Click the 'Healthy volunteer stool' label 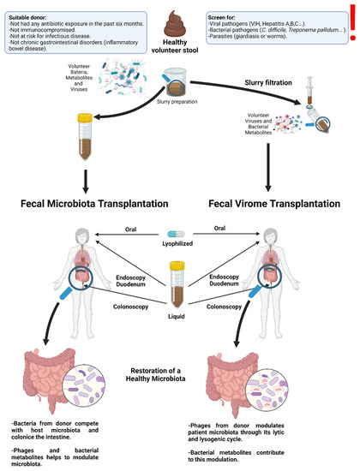click(x=180, y=51)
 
